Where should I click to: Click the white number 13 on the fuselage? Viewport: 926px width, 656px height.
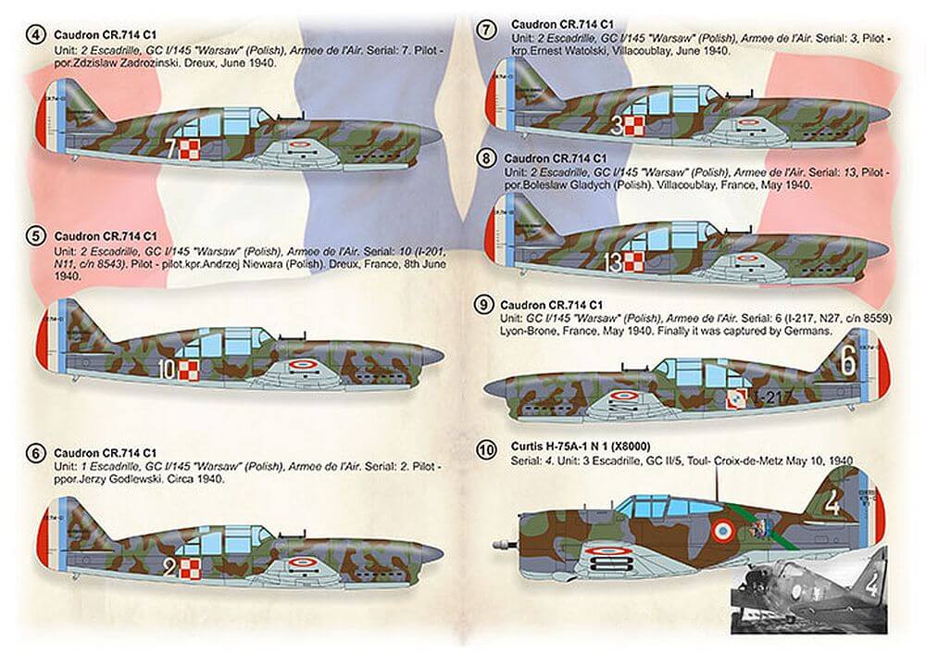click(613, 263)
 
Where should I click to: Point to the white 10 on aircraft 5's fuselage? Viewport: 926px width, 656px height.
click(167, 371)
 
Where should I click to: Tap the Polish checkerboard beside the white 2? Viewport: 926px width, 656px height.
click(189, 566)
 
